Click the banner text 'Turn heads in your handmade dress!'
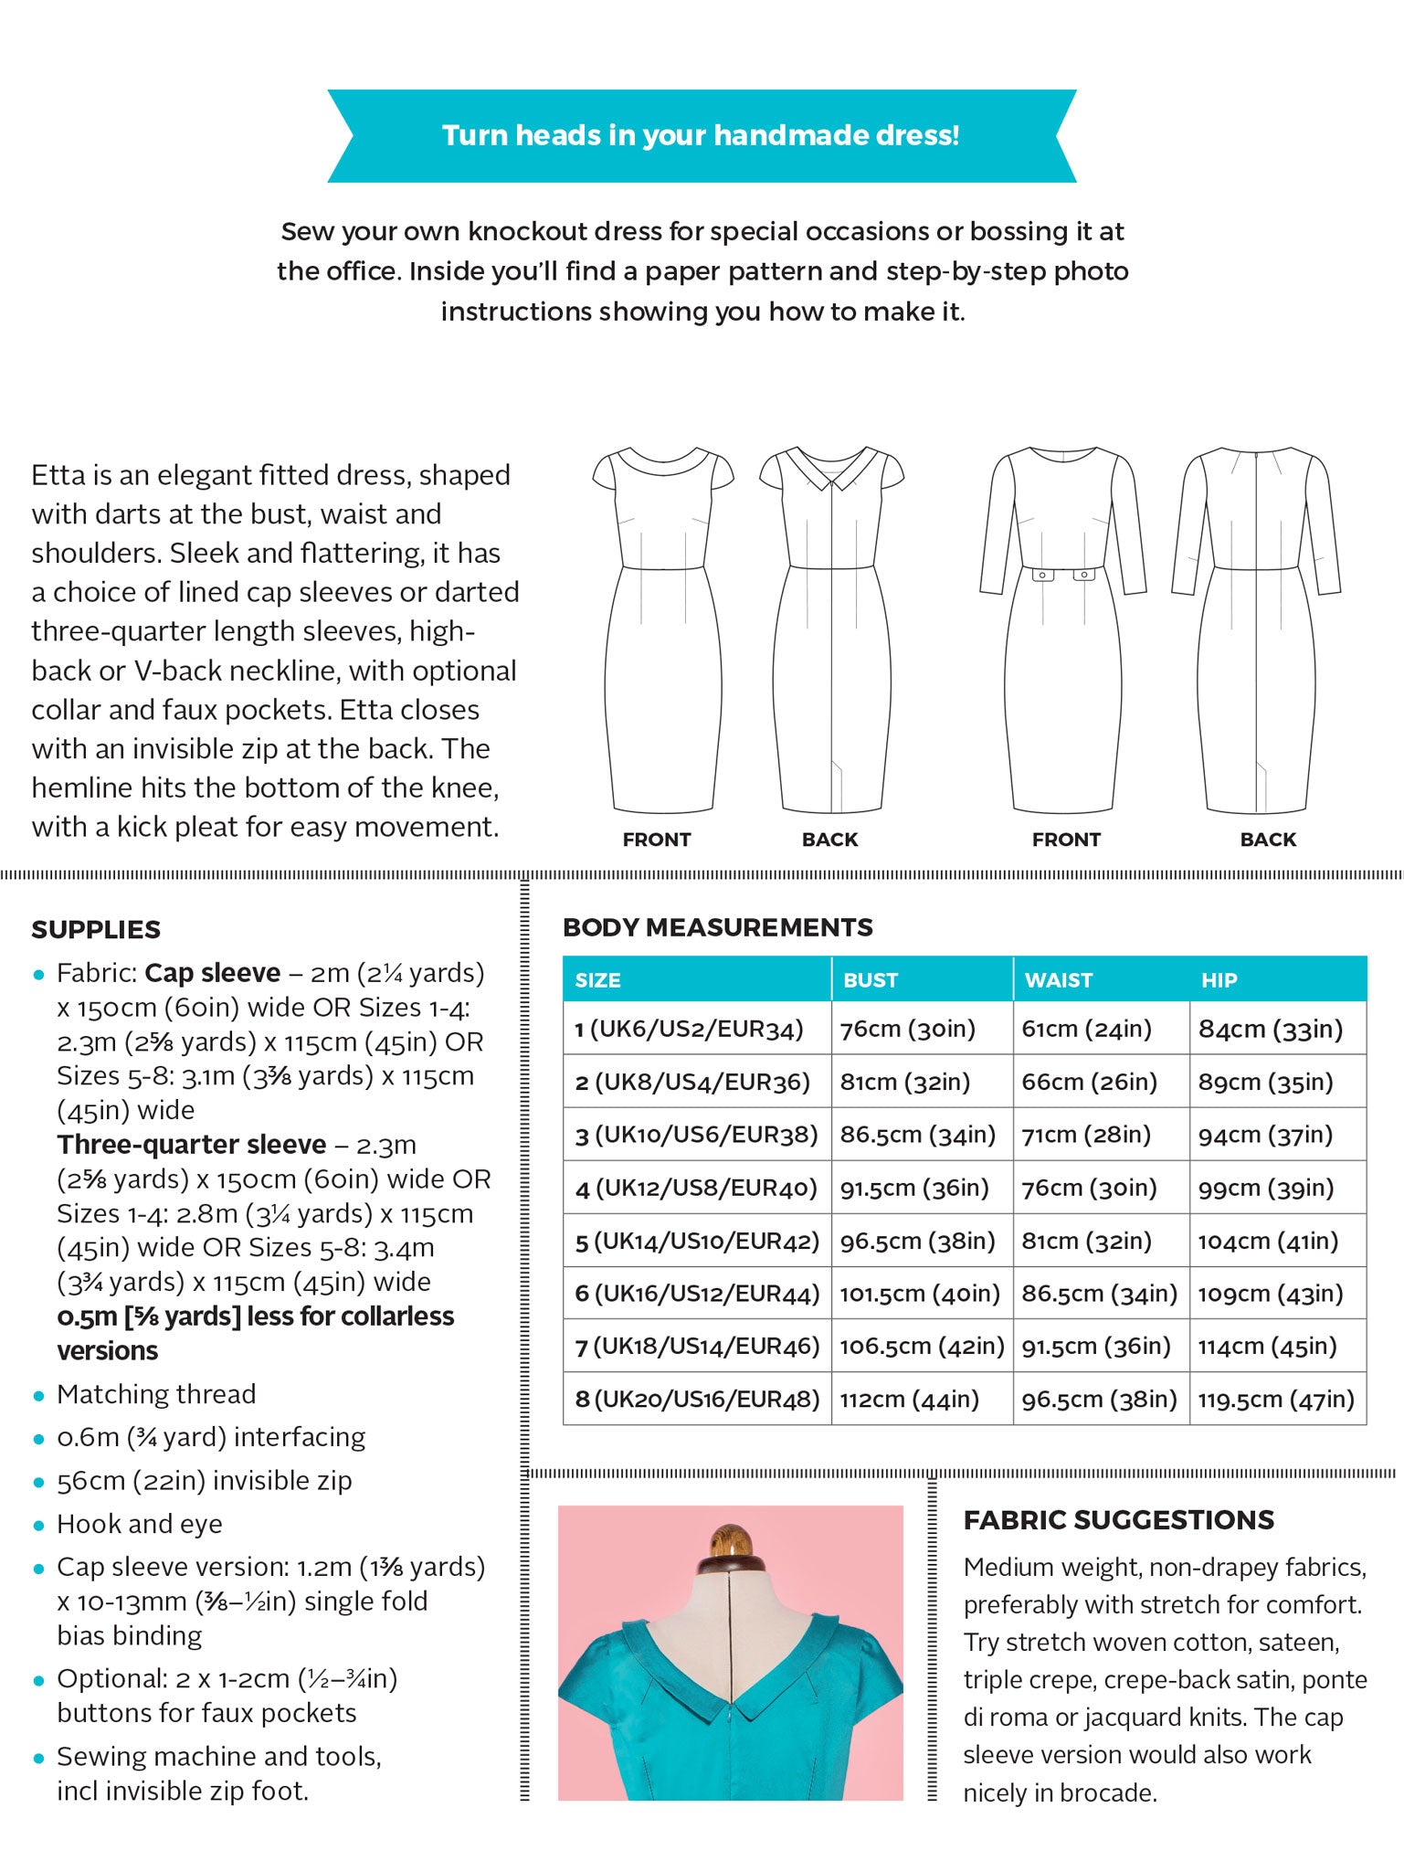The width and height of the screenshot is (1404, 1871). click(x=701, y=135)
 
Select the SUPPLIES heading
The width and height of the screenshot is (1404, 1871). click(x=96, y=929)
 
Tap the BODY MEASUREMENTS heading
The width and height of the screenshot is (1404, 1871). click(x=717, y=927)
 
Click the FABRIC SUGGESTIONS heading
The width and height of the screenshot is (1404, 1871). click(x=1118, y=1520)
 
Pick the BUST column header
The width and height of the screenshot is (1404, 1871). click(x=870, y=980)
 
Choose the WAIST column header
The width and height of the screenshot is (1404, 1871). click(x=1058, y=980)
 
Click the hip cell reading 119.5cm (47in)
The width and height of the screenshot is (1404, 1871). click(x=1275, y=1399)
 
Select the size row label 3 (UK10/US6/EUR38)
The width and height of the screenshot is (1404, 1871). click(x=696, y=1135)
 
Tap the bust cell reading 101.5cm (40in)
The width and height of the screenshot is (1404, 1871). click(x=919, y=1294)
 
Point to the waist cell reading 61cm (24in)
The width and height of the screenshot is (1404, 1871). click(x=1086, y=1030)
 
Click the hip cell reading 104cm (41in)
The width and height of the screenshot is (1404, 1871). click(x=1267, y=1241)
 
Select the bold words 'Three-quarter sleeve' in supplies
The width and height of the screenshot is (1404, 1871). click(x=191, y=1145)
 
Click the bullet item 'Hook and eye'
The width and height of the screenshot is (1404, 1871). click(x=139, y=1524)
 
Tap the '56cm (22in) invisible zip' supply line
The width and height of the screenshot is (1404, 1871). click(x=204, y=1480)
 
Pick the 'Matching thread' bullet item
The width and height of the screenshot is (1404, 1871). click(x=156, y=1394)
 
